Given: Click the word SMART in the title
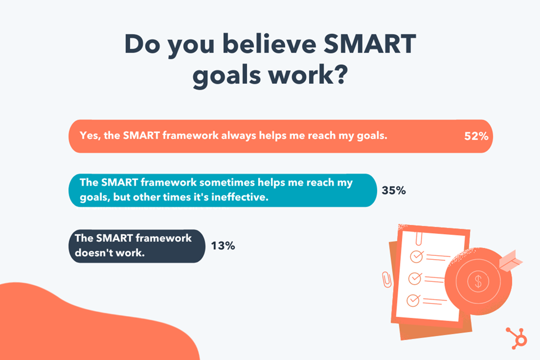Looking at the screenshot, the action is [370, 44].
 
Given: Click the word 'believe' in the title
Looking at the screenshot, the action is [269, 44].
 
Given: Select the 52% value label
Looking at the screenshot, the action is [476, 136].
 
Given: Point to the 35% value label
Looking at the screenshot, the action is [394, 190].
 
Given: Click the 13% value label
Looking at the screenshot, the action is [223, 245].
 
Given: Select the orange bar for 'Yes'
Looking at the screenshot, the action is [281, 136].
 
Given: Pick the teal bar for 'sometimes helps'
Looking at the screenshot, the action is [223, 190].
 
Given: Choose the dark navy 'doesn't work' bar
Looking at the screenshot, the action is [137, 246].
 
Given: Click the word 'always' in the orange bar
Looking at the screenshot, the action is [238, 136].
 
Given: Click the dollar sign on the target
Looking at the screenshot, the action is [478, 281].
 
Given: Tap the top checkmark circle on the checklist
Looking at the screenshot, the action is [416, 256].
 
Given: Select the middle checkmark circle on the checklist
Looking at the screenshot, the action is [415, 278].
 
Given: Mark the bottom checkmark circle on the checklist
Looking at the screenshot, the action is [413, 300].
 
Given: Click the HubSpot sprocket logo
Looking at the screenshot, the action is [517, 338].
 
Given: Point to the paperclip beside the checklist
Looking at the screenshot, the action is [387, 279].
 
